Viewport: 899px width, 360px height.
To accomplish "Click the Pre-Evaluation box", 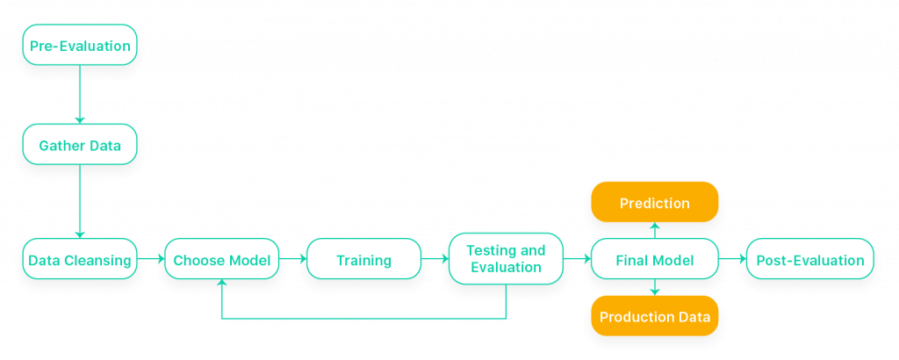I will (x=80, y=46).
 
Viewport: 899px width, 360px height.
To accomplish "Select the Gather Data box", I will (x=80, y=145).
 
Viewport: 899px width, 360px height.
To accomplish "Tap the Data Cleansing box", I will (x=80, y=260).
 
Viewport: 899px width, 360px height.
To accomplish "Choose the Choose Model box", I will (x=222, y=260).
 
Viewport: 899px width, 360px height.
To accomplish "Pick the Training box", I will (x=363, y=260).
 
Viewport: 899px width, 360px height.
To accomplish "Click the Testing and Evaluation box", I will (x=506, y=259).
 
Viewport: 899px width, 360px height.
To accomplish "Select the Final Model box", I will (x=654, y=260).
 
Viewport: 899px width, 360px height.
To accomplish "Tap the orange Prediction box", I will (x=654, y=203).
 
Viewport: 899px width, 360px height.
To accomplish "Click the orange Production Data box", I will (x=654, y=316).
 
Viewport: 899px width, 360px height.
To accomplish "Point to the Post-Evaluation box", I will (x=809, y=260).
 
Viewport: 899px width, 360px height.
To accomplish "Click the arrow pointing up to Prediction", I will (x=654, y=230).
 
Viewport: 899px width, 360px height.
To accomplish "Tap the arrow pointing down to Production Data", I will (x=654, y=288).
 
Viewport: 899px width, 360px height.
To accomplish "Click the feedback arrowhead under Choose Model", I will (x=222, y=285).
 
